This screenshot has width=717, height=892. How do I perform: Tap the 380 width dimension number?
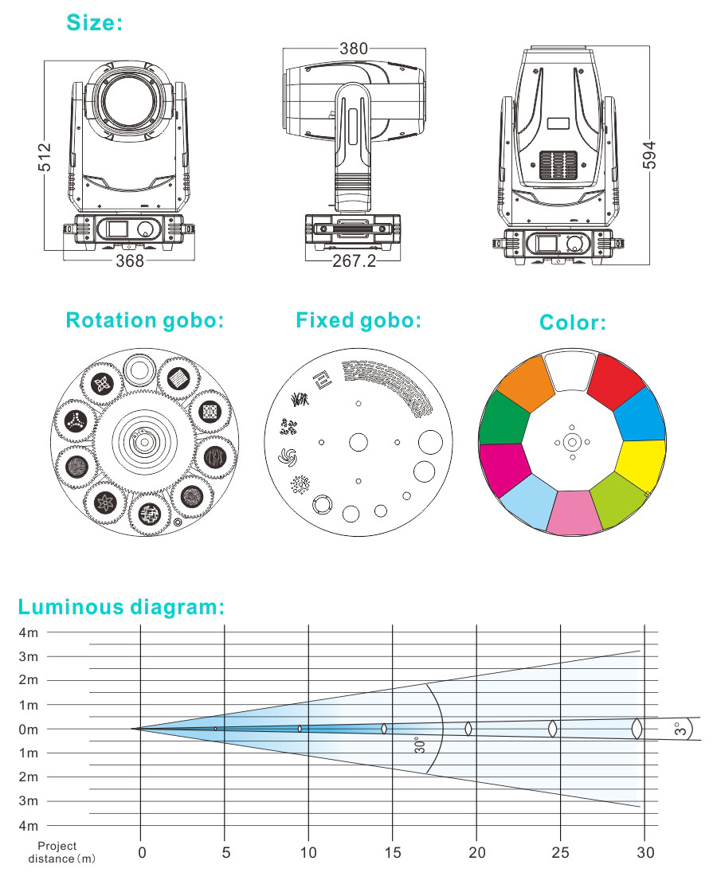[354, 49]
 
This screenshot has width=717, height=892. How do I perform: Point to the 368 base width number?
[131, 260]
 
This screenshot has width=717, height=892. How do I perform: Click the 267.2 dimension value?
[354, 260]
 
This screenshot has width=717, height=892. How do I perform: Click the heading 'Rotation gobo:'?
[144, 320]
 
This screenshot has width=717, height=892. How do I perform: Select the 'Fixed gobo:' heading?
[358, 320]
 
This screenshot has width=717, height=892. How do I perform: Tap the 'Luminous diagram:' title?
[121, 607]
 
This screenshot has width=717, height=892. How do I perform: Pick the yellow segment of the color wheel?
[642, 465]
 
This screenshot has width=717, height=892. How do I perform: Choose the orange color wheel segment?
[525, 382]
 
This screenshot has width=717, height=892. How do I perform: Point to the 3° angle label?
[680, 729]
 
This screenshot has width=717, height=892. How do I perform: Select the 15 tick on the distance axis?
[393, 853]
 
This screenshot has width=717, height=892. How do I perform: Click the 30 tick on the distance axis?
[645, 853]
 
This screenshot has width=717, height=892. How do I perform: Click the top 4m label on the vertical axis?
[28, 632]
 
